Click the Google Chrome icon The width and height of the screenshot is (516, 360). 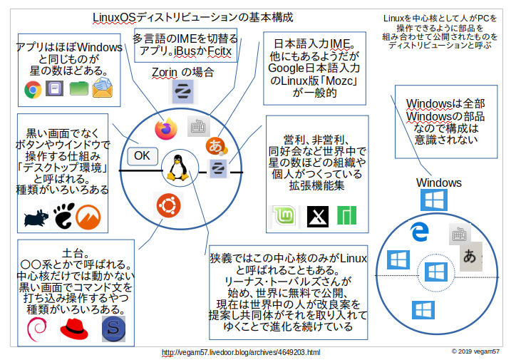tap(32, 89)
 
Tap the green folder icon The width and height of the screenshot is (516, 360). tap(79, 89)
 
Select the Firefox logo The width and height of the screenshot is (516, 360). tap(165, 128)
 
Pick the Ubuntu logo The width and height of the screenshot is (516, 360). tap(167, 207)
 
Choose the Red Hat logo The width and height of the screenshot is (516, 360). tap(73, 329)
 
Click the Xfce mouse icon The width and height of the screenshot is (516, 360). tap(35, 217)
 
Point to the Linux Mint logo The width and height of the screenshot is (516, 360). tap(283, 215)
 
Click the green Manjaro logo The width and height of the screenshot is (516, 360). tap(346, 215)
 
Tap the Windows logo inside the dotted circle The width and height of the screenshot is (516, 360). tap(433, 272)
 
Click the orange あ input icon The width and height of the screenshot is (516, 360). tap(215, 146)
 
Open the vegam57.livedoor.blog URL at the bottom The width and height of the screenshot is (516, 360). tap(241, 352)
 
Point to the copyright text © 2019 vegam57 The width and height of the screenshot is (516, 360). tap(475, 351)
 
